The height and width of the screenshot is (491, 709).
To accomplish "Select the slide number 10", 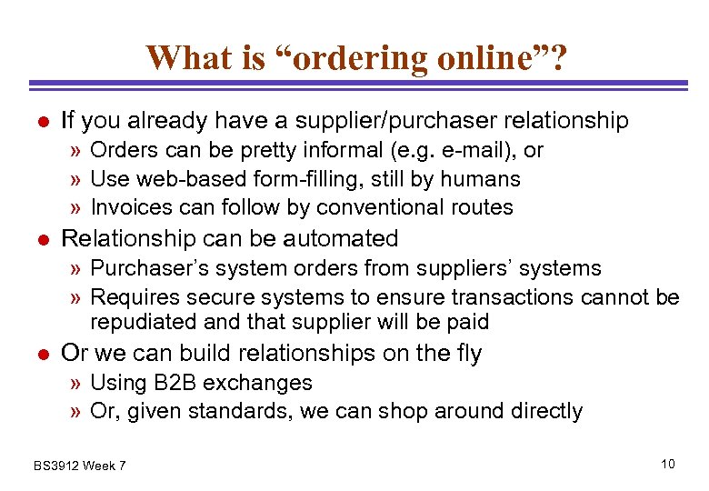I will (x=668, y=465).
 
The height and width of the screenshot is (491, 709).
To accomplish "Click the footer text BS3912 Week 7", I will (x=80, y=466).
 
